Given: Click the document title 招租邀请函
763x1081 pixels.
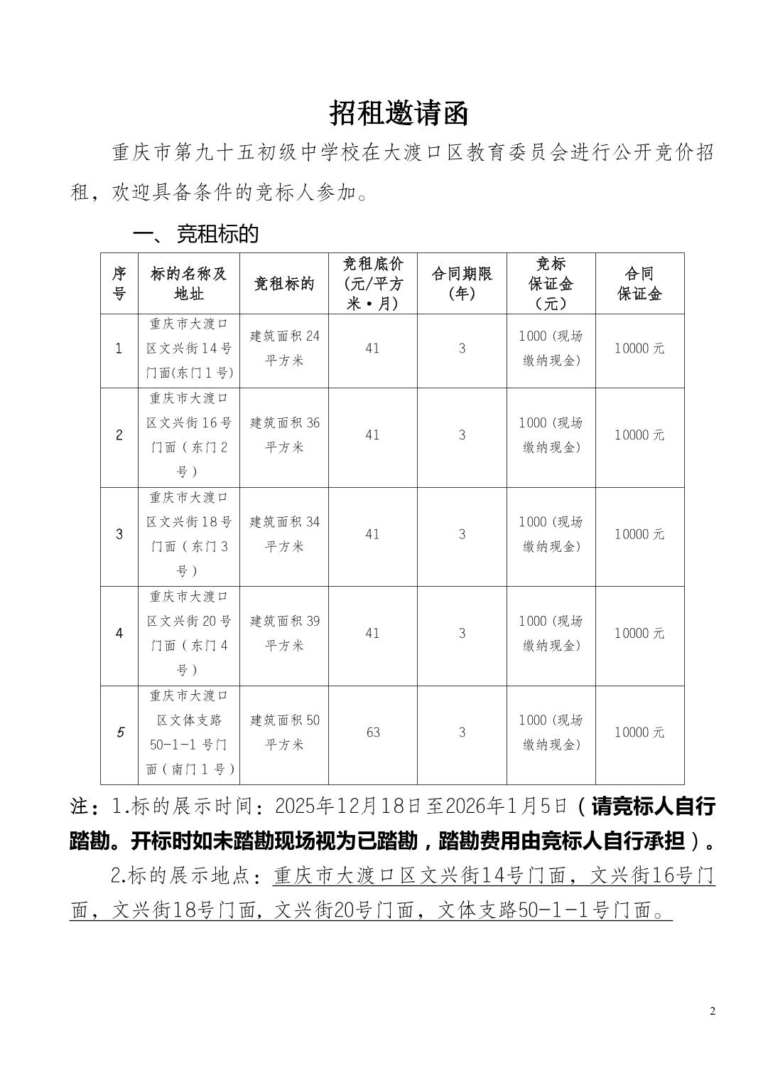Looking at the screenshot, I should pos(399,113).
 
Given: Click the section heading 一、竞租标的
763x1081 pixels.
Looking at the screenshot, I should pos(196,234).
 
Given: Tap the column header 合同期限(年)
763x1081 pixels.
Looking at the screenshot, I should pos(462,284).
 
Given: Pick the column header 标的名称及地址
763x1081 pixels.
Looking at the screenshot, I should pos(188,284).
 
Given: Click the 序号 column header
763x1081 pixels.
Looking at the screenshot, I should pos(119,284).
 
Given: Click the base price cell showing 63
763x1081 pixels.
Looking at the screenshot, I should pos(373,733).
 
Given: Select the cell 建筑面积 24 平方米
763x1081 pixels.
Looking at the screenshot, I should pos(284,348).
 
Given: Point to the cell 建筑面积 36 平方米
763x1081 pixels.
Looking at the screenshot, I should pos(284,435).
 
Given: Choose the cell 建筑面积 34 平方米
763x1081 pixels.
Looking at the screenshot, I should pos(284,534).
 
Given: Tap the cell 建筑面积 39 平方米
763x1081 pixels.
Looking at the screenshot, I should pos(284,633).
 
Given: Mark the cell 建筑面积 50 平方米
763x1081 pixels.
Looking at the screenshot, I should pos(284,733).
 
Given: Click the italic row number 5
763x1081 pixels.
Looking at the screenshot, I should pos(119,733).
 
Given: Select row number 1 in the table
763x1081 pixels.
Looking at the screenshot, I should pos(119,348).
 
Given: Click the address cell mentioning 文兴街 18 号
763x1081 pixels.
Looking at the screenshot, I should pos(188,534).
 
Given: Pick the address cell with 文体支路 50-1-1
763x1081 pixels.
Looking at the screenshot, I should pos(188,733).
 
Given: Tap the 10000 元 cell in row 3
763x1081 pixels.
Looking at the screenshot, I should pos(639,534).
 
